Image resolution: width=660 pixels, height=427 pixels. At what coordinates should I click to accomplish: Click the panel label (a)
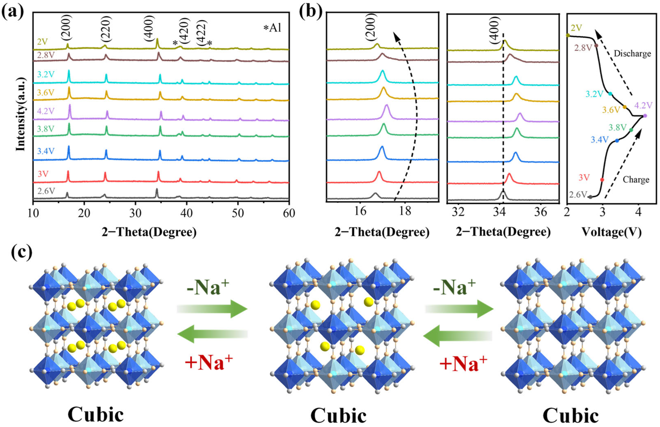click(x=12, y=12)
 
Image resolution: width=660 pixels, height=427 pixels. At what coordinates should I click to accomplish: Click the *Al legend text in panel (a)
click(x=272, y=28)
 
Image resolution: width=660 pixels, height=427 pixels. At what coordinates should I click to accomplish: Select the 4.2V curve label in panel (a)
click(x=46, y=111)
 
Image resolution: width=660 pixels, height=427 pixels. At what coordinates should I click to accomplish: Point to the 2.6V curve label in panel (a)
click(x=46, y=191)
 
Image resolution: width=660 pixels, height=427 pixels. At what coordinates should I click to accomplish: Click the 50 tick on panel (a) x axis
click(x=238, y=213)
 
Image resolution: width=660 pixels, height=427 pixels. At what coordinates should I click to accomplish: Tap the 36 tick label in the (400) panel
click(x=540, y=212)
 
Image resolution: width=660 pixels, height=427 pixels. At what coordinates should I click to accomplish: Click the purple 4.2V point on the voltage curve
click(x=645, y=116)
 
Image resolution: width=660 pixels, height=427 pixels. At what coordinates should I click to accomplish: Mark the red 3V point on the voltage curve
click(x=602, y=180)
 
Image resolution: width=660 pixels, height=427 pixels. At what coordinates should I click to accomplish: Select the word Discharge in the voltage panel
click(x=632, y=54)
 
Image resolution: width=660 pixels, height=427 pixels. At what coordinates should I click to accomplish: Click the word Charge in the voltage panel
click(x=636, y=180)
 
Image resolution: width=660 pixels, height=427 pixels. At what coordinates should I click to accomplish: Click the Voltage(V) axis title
click(x=611, y=232)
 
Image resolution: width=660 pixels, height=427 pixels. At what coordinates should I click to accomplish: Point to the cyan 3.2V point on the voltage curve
click(x=610, y=94)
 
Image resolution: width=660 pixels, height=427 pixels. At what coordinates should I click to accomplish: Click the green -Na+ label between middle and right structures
click(x=454, y=287)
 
